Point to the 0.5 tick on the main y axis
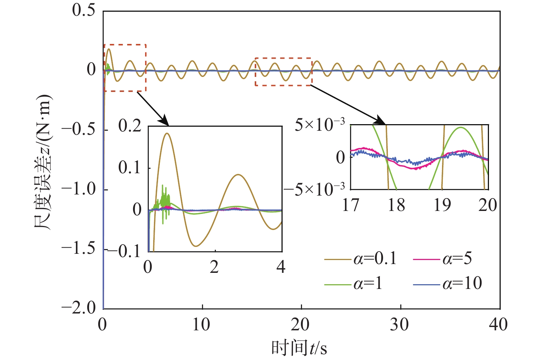click(x=84, y=10)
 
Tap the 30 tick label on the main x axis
click(x=401, y=324)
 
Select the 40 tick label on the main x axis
click(x=499, y=324)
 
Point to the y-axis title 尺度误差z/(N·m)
click(x=44, y=163)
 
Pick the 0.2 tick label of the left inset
click(x=130, y=126)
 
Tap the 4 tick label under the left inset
click(x=281, y=267)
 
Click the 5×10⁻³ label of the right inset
click(x=320, y=125)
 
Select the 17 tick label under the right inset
click(x=351, y=205)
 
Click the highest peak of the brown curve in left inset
click(x=168, y=133)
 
